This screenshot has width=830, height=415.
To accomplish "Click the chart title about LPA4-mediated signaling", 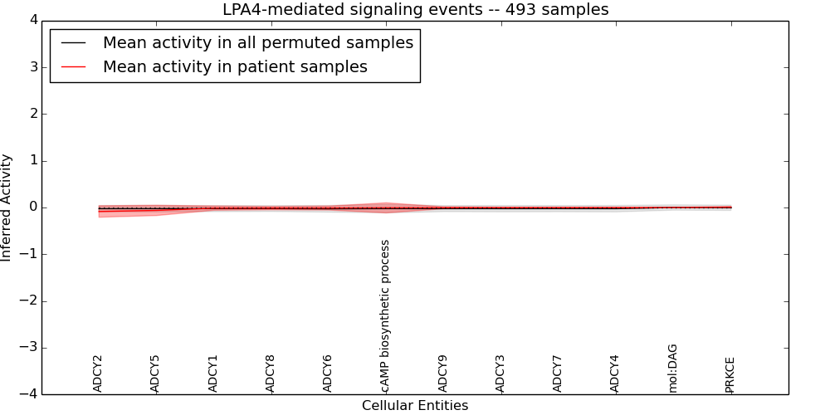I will pyautogui.click(x=415, y=10).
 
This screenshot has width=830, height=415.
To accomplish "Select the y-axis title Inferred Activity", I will pyautogui.click(x=7, y=207).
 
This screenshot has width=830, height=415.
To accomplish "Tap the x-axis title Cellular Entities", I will pyautogui.click(x=415, y=405).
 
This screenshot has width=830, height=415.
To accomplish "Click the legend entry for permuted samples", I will pyautogui.click(x=257, y=43).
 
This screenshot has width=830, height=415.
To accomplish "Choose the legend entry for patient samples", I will pyautogui.click(x=235, y=67).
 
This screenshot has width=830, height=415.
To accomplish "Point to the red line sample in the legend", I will pyautogui.click(x=74, y=67).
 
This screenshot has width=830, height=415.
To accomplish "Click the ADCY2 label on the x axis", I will pyautogui.click(x=98, y=373).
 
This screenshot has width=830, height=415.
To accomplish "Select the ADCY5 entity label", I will pyautogui.click(x=155, y=373).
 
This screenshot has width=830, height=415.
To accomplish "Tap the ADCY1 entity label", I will pyautogui.click(x=213, y=373).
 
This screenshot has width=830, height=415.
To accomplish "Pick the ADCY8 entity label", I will pyautogui.click(x=271, y=373).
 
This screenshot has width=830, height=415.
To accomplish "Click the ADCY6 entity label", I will pyautogui.click(x=328, y=373).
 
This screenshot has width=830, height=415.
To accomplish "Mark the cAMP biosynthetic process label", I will pyautogui.click(x=385, y=316).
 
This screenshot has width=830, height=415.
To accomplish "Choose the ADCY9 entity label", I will pyautogui.click(x=443, y=373).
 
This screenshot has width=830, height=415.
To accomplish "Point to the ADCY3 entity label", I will pyautogui.click(x=500, y=373).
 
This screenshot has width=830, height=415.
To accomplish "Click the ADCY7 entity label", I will pyautogui.click(x=558, y=373).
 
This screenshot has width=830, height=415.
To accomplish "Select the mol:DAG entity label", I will pyautogui.click(x=673, y=368).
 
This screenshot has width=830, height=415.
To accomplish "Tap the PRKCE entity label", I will pyautogui.click(x=730, y=374).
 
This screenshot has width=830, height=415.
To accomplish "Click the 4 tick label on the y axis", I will pyautogui.click(x=33, y=20).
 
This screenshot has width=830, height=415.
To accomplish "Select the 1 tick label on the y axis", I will pyautogui.click(x=33, y=160).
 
